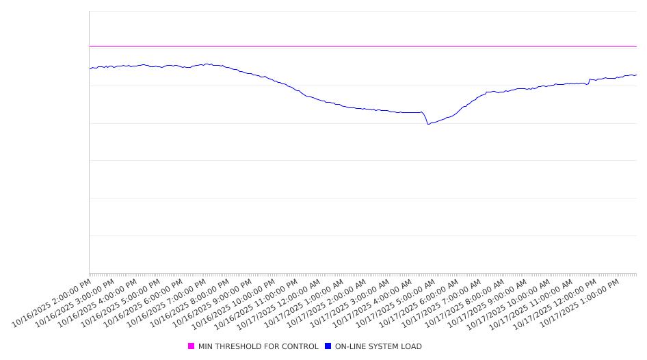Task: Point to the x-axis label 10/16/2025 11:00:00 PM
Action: point(259,302)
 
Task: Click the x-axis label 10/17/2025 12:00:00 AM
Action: point(282,302)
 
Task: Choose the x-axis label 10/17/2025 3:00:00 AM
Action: point(351,302)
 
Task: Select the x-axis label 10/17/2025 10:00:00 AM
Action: point(510,302)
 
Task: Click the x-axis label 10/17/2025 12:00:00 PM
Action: point(556,302)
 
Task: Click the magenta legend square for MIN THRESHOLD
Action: point(192,346)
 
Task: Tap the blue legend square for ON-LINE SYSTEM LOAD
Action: point(328,346)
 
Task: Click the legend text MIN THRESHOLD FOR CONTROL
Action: point(258,346)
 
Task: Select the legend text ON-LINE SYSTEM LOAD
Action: point(378,346)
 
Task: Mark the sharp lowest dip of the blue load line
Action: point(428,124)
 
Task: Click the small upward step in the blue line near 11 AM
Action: point(590,80)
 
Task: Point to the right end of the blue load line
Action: point(636,75)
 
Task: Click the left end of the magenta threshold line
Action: point(90,46)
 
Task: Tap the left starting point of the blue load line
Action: point(90,68)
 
